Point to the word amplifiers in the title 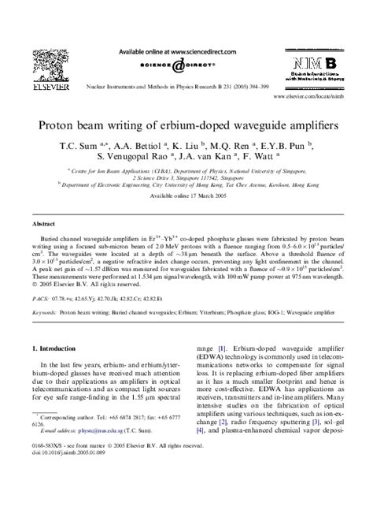pos(288,125)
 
